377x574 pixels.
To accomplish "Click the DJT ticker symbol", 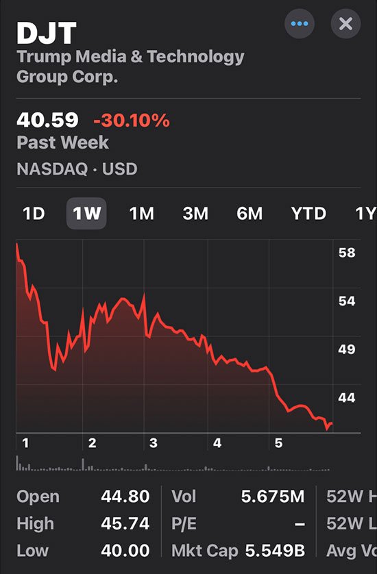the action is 47,34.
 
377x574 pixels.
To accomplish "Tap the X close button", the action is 345,24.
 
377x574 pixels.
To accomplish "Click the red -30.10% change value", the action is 132,121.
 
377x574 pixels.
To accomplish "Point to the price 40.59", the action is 47,120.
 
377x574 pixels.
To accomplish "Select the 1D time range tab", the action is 34,214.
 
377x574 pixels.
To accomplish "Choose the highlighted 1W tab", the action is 86,214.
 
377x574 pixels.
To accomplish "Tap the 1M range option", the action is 142,214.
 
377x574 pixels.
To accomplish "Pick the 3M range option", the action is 195,214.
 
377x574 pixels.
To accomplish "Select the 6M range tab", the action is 250,214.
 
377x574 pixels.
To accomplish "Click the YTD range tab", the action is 308,214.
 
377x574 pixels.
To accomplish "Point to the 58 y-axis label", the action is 347,253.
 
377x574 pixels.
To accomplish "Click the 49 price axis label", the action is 347,349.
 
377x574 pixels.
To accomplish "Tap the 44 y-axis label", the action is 347,397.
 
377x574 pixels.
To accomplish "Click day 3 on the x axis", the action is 154,443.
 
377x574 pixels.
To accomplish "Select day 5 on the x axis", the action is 278,443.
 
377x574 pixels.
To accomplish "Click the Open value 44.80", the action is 125,497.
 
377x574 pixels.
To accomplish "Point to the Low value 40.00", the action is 125,551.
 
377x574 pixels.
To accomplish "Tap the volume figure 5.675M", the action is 273,497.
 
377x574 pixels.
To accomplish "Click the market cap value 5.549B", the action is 275,551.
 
